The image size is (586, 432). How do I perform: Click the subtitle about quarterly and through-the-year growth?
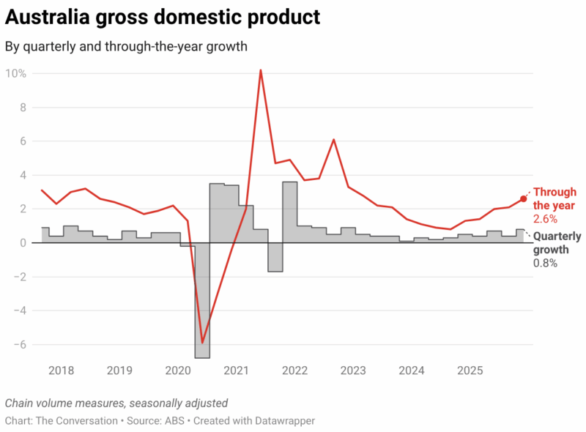[x=126, y=47]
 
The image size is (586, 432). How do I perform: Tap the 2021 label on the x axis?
[x=236, y=370]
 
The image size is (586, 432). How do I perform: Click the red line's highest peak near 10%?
[x=261, y=71]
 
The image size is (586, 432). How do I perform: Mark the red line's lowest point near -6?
[x=202, y=342]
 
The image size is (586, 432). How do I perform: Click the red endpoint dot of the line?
[x=523, y=198]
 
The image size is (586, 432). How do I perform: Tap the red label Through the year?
[x=555, y=199]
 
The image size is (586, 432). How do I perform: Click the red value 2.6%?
[x=545, y=219]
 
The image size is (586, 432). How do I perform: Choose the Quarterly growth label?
[x=557, y=243]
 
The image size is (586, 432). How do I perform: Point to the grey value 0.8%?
[x=545, y=263]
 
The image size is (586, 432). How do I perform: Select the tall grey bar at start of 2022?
[x=289, y=212]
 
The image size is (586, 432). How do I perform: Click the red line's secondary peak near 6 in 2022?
[x=333, y=140]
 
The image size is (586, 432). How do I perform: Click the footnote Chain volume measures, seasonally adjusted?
[x=116, y=403]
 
